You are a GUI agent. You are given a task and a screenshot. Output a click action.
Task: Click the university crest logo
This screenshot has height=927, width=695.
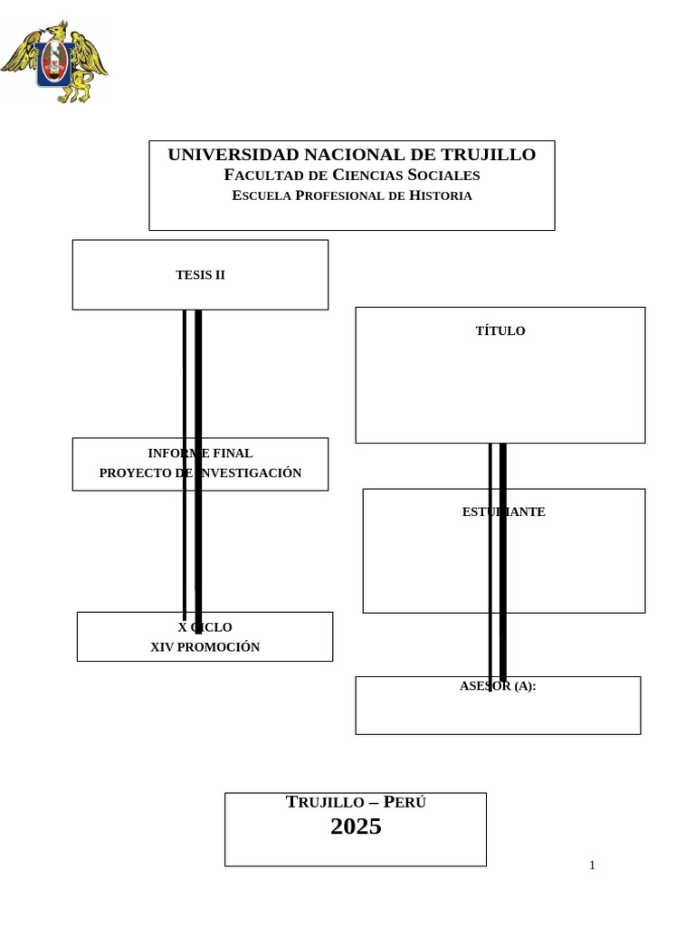[54, 62]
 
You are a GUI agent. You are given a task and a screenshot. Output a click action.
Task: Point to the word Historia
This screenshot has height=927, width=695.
[441, 196]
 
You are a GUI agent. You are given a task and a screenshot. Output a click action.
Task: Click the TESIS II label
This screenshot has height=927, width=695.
[200, 275]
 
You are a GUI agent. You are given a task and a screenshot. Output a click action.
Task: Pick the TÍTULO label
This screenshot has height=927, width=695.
[500, 331]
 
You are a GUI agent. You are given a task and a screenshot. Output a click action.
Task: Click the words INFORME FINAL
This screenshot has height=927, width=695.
[200, 454]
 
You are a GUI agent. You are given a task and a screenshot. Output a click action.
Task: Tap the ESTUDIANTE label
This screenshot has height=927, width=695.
[503, 512]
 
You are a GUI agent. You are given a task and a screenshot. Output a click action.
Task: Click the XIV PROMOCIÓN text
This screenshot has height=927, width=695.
[205, 647]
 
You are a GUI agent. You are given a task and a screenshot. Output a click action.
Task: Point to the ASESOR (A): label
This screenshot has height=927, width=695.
[498, 686]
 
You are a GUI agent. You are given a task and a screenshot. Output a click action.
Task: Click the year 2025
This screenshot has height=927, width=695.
[356, 827]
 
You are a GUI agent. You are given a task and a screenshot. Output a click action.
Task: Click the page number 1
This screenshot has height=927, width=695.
[592, 865]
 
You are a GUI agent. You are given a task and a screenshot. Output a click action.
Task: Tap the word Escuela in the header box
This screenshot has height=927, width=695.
[262, 196]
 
